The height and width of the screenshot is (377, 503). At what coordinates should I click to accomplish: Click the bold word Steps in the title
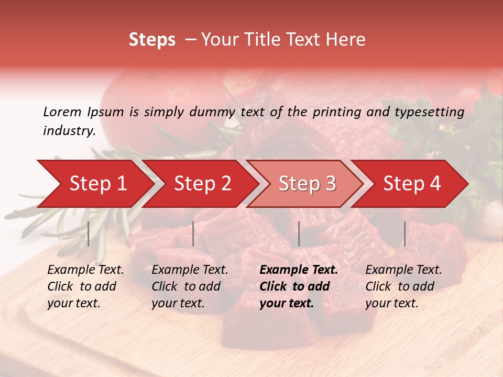tap(152, 40)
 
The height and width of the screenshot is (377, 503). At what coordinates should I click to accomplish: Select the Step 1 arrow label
tap(98, 184)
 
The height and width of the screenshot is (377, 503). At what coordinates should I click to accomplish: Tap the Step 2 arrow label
tap(203, 184)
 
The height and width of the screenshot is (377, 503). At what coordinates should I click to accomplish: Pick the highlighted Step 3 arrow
tap(307, 184)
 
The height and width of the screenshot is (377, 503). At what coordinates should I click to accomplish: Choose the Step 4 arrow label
tap(412, 184)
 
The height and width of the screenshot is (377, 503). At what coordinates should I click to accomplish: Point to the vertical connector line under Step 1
tap(89, 234)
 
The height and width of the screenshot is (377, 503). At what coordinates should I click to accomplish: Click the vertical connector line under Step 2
tap(193, 234)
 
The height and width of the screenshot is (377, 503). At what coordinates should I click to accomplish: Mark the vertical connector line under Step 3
tap(299, 234)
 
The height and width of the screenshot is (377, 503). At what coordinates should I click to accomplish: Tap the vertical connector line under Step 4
tap(404, 234)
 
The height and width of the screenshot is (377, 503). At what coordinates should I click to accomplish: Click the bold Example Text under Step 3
tap(299, 270)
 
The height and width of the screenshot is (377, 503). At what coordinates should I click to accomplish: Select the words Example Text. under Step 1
tap(85, 270)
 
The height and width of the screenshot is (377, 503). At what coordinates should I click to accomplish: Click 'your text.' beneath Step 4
tap(391, 303)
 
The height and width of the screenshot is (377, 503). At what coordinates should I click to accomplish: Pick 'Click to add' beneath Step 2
tap(186, 286)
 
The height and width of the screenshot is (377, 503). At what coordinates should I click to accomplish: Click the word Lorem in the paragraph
tap(62, 112)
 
